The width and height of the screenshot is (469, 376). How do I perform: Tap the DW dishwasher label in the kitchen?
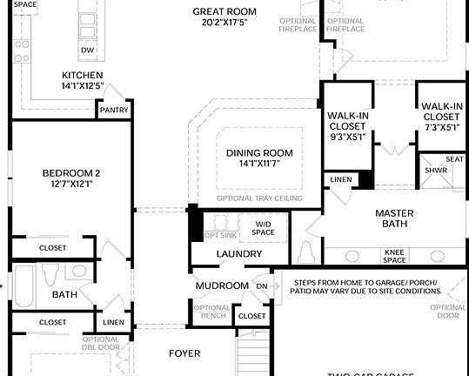[x=87, y=50]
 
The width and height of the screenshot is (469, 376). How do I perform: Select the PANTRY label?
[x=114, y=111]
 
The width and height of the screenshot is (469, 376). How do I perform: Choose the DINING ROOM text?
[x=259, y=153]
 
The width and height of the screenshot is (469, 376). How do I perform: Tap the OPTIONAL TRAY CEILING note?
[x=259, y=198]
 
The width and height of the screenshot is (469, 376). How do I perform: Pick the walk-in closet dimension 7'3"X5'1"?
[x=441, y=127]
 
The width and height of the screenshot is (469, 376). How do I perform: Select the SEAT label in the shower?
[x=454, y=159]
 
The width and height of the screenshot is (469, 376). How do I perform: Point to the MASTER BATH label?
[x=394, y=219]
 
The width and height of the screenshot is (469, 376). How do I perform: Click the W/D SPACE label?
[x=263, y=228]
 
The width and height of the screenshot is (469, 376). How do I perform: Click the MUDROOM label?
[x=222, y=285]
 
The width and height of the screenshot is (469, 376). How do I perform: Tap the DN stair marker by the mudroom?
[x=262, y=285]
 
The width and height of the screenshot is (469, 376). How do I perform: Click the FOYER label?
[x=184, y=353]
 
